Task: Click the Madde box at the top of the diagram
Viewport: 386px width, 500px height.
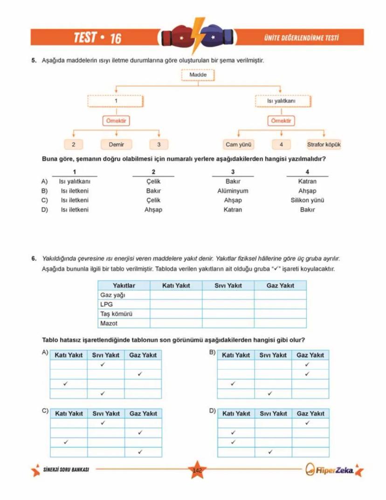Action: click(198, 75)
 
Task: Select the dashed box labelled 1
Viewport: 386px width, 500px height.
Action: click(116, 101)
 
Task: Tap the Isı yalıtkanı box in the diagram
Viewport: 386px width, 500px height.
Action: click(281, 101)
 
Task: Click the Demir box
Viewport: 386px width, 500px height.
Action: click(116, 145)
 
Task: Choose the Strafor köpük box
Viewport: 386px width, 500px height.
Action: click(324, 145)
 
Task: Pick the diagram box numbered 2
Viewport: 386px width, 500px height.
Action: click(74, 145)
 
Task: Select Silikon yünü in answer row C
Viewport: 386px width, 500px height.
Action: click(307, 200)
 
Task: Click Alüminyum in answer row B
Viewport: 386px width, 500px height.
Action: click(233, 191)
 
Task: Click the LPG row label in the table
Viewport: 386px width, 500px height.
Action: click(107, 304)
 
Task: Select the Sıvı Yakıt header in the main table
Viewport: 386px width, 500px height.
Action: click(228, 285)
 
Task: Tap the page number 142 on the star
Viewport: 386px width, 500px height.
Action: click(197, 470)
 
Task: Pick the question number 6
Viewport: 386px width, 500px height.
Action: click(34, 258)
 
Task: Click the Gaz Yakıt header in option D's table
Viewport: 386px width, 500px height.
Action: click(310, 414)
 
